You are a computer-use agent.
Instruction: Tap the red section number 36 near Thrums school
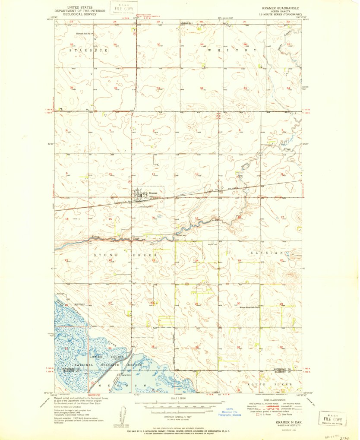[116, 88]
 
